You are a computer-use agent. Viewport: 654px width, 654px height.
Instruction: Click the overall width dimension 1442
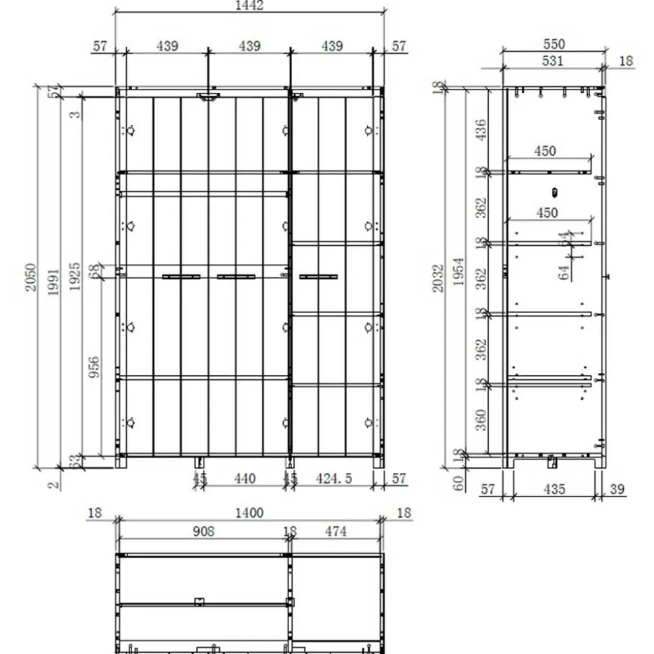[249, 5]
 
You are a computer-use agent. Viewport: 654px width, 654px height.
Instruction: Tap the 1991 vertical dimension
[53, 282]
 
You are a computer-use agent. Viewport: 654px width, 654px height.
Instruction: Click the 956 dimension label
[94, 367]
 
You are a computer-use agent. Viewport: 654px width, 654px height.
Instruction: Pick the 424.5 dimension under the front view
[334, 478]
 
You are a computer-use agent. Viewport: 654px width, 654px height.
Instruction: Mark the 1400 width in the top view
[249, 513]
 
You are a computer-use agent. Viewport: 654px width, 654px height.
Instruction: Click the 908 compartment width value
[203, 531]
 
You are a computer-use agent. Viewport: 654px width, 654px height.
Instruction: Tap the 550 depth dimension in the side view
[554, 44]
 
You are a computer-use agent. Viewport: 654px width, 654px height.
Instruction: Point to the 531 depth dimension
[554, 61]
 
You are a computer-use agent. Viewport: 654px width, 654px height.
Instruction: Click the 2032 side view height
[439, 278]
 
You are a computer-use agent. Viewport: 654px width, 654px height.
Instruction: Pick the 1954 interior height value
[459, 271]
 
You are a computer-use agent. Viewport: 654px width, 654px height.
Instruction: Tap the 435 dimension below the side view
[554, 490]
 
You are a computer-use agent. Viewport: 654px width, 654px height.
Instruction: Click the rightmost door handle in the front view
[318, 276]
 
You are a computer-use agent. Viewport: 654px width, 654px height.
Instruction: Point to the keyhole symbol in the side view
[554, 193]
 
